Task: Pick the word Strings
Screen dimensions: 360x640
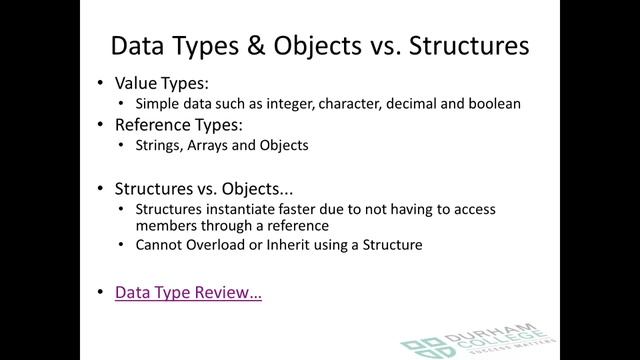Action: click(x=157, y=145)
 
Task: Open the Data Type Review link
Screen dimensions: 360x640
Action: click(x=188, y=293)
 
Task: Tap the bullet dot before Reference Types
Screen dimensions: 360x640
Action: click(x=101, y=126)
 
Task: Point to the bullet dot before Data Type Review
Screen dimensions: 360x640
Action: click(x=101, y=293)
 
